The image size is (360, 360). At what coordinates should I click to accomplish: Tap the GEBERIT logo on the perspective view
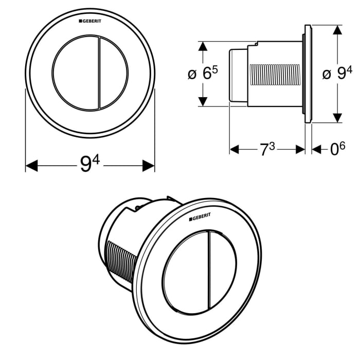203,219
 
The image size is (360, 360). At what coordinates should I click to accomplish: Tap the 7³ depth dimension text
267,149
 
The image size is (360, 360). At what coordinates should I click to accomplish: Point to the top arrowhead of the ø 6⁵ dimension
204,48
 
